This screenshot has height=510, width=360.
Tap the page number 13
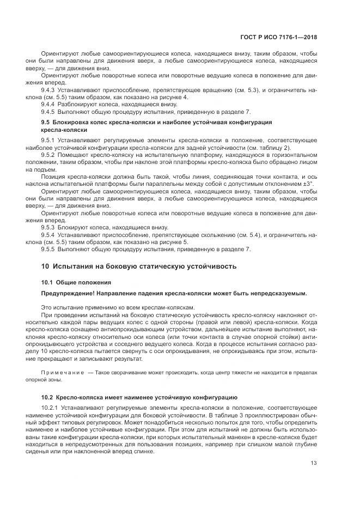(314, 463)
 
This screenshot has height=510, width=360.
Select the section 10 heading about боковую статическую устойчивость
(139, 267)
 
